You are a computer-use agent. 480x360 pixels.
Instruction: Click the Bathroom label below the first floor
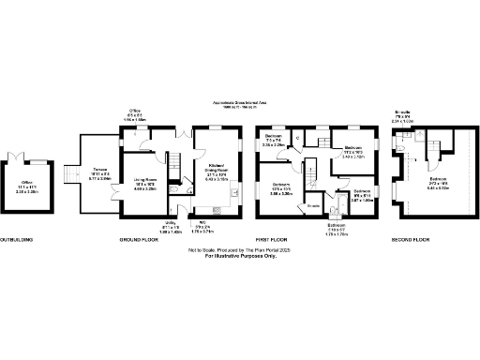coord(336,225)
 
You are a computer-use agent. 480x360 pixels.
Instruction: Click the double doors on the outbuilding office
coord(18,155)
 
